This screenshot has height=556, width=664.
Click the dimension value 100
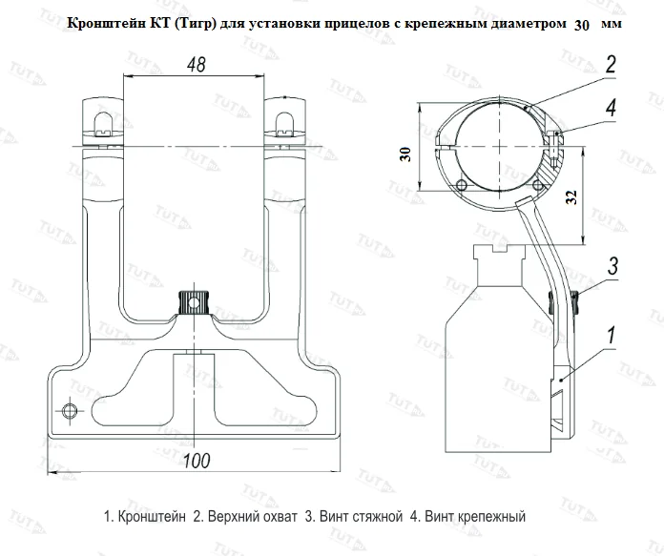pyautogui.click(x=197, y=461)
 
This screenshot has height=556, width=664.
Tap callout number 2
pyautogui.click(x=609, y=65)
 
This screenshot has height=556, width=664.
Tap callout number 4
pyautogui.click(x=609, y=109)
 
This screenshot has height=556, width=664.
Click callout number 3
pyautogui.click(x=613, y=264)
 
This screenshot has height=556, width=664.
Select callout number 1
pyautogui.click(x=609, y=336)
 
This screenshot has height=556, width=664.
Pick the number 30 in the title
pyautogui.click(x=585, y=25)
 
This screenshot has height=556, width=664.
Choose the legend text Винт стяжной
pyautogui.click(x=347, y=517)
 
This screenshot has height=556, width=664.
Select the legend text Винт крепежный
pyautogui.click(x=467, y=517)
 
